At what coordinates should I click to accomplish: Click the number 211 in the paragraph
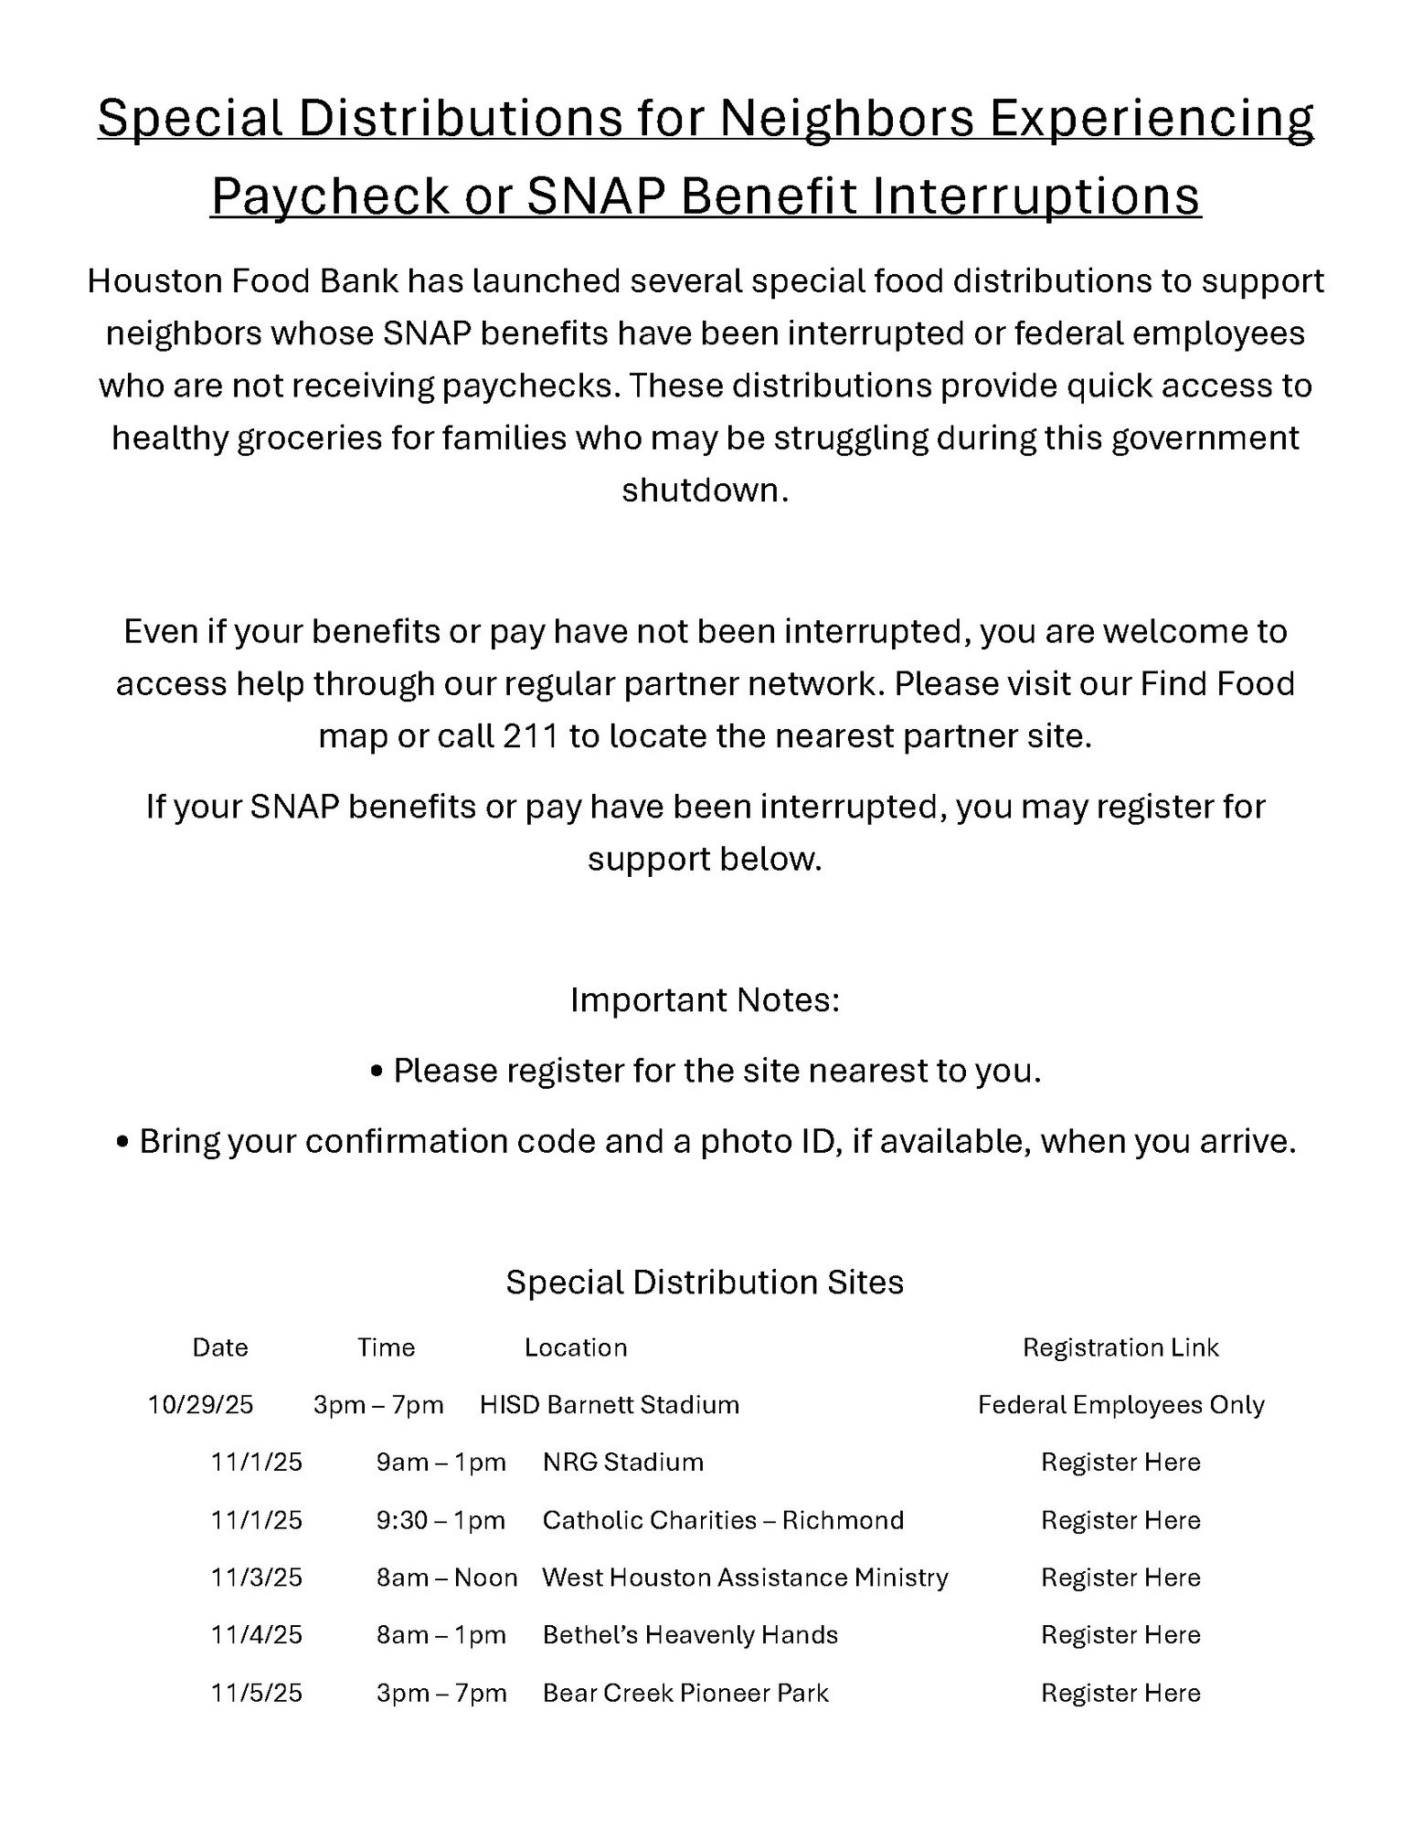(x=530, y=735)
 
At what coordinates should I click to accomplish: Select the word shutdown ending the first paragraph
(x=705, y=491)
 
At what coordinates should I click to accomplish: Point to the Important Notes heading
(x=705, y=1000)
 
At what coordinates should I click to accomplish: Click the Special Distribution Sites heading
(x=705, y=1282)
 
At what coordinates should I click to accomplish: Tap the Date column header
(x=220, y=1347)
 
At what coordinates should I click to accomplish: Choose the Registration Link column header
(x=1120, y=1347)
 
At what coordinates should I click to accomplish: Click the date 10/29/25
(x=200, y=1405)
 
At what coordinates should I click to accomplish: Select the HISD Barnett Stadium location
(x=610, y=1405)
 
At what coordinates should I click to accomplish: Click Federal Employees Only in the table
(x=1120, y=1405)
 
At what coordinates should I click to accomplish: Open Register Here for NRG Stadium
(x=1120, y=1463)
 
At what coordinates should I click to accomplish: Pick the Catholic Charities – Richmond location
(x=723, y=1520)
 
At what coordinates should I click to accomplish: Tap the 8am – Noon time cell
(x=447, y=1578)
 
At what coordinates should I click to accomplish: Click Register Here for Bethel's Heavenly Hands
(x=1120, y=1634)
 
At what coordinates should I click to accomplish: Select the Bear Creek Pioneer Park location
(x=685, y=1693)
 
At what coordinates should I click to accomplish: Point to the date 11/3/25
(x=257, y=1578)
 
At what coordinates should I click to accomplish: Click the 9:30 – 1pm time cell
(x=441, y=1520)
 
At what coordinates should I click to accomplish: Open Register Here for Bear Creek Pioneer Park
(x=1120, y=1693)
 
